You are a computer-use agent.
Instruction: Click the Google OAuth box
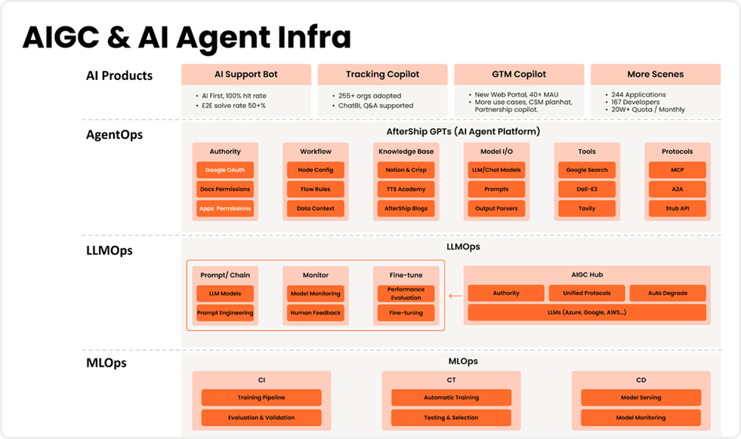point(225,170)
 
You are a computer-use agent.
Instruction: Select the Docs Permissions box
point(225,189)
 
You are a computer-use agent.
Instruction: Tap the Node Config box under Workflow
point(316,170)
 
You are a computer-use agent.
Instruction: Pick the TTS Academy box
point(406,189)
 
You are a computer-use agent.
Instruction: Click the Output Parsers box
point(496,209)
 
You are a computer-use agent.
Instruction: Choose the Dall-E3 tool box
point(587,189)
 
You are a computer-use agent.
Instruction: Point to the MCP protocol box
point(678,170)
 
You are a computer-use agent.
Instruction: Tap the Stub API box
point(678,209)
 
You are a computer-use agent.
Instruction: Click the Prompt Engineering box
point(225,313)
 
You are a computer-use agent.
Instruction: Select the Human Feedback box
point(316,313)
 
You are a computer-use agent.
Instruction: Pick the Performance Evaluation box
point(406,293)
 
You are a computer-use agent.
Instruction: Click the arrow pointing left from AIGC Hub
point(455,296)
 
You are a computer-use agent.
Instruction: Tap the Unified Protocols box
point(587,293)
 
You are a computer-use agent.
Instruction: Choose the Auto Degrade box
point(668,293)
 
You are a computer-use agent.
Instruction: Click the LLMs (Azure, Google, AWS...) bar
point(587,312)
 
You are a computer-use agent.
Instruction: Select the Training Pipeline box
point(261,398)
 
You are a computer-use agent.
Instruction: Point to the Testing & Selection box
point(451,418)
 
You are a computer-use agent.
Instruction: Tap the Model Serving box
point(641,398)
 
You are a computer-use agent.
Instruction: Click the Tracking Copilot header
point(382,75)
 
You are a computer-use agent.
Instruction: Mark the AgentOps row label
point(114,135)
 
